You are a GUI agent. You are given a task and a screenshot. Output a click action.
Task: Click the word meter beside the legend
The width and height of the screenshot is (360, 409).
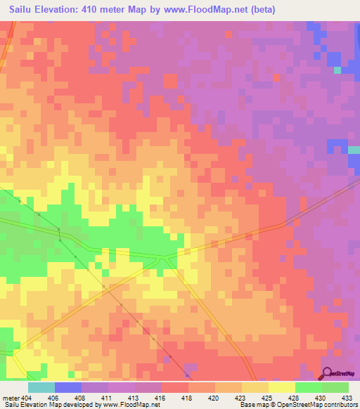11,397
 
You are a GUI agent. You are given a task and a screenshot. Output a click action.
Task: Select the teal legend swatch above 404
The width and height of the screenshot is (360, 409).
41,387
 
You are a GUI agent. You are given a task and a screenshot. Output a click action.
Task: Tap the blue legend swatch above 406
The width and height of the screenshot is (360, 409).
68,387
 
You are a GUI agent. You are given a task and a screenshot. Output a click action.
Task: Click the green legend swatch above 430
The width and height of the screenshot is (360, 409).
309,387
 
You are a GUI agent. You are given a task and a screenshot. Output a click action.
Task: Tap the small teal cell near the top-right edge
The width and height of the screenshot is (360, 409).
337,70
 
